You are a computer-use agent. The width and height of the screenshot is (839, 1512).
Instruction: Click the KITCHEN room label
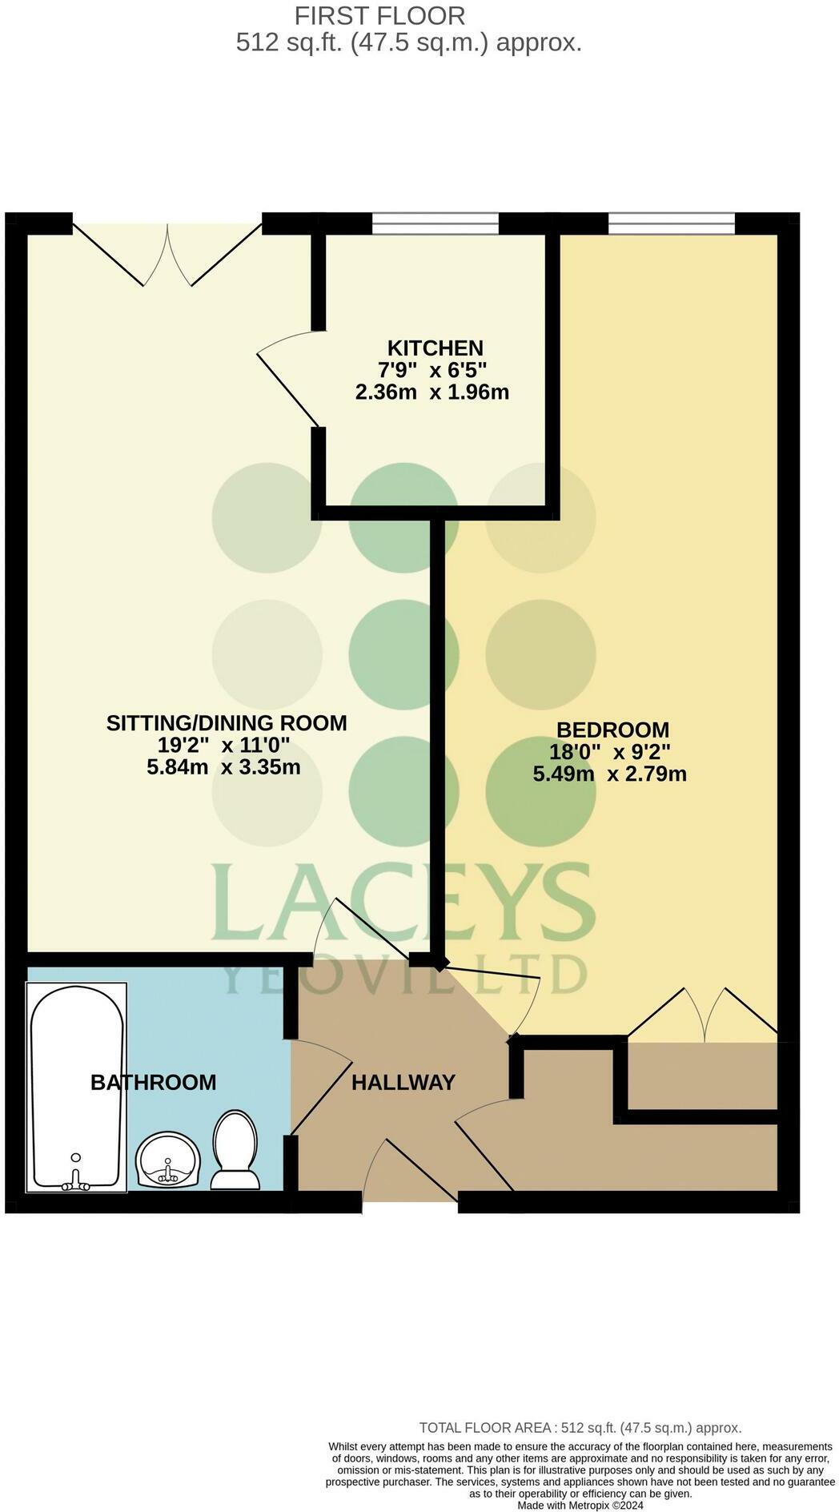[x=435, y=348]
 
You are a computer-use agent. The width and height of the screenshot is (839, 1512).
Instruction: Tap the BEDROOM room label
[x=612, y=730]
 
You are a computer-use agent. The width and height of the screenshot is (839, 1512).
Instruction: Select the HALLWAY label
[x=403, y=1083]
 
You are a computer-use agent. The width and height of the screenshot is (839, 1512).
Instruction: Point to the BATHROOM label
[x=153, y=1083]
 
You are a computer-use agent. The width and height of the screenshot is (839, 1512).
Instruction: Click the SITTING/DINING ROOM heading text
[x=227, y=723]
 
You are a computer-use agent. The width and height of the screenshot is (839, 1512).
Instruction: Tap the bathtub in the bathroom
[x=77, y=1086]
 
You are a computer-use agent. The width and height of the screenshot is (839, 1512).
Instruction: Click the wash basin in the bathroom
[x=168, y=1159]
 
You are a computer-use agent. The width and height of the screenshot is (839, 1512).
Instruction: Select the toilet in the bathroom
[x=235, y=1150]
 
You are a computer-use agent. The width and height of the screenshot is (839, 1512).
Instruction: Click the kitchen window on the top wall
[x=435, y=223]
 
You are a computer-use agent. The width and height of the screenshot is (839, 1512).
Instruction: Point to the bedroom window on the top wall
[x=671, y=223]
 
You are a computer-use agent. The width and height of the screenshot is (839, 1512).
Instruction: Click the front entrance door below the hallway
[x=410, y=1169]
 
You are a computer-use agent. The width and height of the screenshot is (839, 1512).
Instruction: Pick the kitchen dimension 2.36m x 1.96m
[x=432, y=392]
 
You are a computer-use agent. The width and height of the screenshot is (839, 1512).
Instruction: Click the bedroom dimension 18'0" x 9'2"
[x=609, y=752]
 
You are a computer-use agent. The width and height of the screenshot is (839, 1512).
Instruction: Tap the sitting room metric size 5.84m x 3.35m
[x=223, y=767]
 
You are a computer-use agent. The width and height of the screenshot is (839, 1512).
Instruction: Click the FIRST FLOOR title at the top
[x=379, y=15]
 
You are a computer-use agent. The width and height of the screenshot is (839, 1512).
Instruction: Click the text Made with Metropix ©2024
[x=580, y=1505]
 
